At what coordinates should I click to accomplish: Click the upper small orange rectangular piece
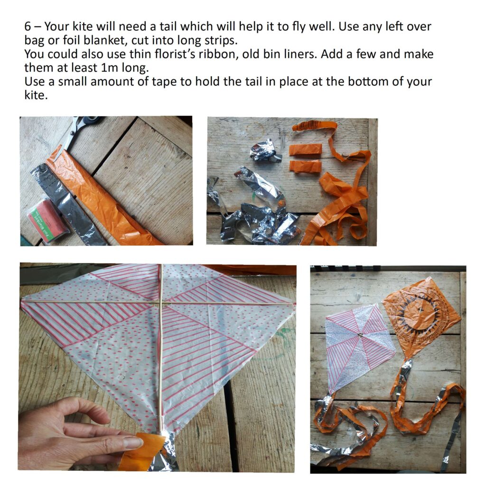(305, 150)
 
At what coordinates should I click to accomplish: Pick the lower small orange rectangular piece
(305, 166)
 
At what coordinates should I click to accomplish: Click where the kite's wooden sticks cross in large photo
(161, 303)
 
